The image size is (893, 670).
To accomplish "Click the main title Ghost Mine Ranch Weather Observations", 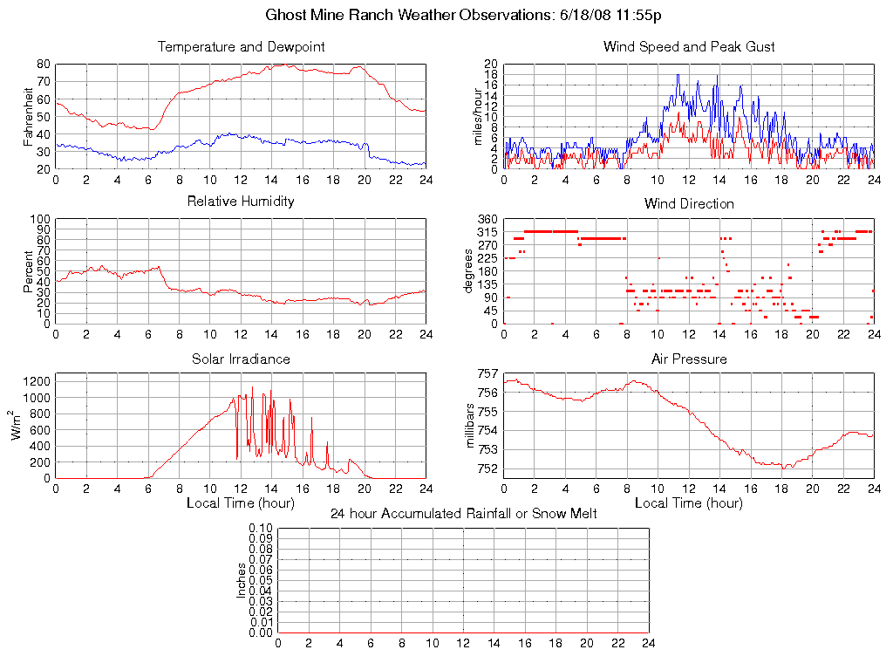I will pos(463,15).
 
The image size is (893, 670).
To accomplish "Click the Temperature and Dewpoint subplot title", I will pos(242,46).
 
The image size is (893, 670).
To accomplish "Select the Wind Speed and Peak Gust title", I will pos(689,46).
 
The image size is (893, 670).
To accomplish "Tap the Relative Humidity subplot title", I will pos(242,202).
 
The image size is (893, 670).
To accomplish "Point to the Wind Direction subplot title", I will pos(689,203).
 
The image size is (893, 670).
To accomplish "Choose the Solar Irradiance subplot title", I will pos(242,359).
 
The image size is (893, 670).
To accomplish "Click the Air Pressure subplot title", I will pos(689,359).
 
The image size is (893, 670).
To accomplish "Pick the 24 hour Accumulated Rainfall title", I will pos(463,514).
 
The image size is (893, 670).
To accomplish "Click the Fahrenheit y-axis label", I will pos(29,117).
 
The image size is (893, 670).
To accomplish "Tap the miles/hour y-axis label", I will pos(476,117).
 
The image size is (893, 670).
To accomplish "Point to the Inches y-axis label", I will pos(242,580).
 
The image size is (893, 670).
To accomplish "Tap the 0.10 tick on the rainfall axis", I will pos(261,528).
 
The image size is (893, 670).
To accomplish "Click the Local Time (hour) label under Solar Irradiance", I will pos(241,502).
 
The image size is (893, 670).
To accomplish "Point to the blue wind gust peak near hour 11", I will pos(678,75).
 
